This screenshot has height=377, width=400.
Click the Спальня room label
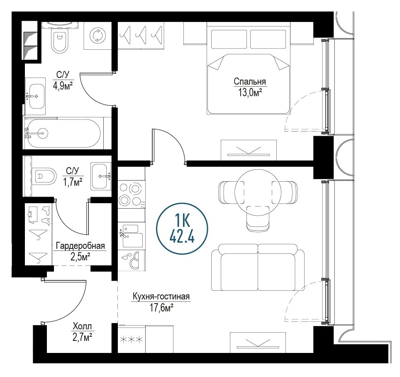[250, 82]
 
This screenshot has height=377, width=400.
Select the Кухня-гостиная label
[161, 297]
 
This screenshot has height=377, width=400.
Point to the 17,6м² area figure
[161, 308]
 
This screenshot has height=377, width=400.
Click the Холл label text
[82, 326]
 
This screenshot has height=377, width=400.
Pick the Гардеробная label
[80, 246]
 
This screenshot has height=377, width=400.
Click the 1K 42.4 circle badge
[182, 229]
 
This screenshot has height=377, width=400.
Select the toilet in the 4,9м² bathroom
[60, 41]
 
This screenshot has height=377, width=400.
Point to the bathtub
[64, 133]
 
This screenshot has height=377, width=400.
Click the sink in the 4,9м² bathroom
[36, 96]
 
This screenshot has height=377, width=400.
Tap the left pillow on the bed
[229, 39]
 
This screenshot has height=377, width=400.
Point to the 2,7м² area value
[82, 338]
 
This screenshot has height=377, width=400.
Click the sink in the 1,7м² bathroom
[101, 176]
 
